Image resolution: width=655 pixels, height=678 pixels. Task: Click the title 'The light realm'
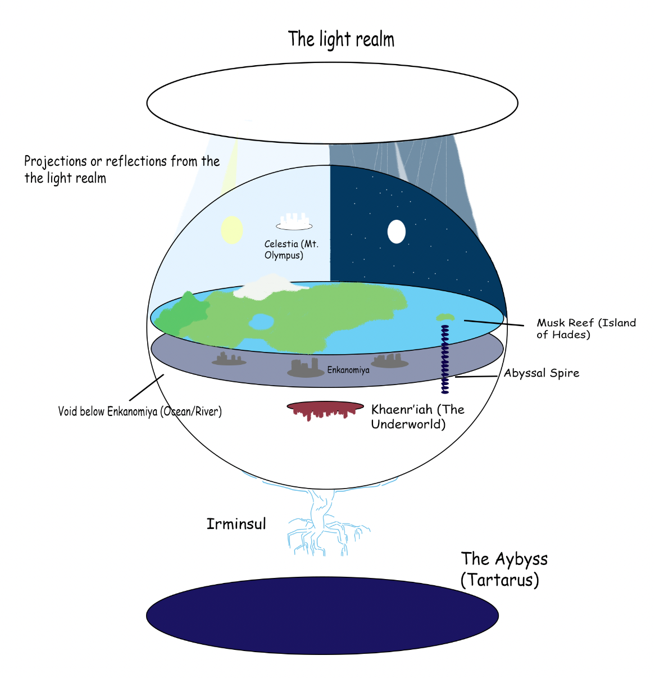point(341,39)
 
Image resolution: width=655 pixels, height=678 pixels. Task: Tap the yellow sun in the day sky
point(231,230)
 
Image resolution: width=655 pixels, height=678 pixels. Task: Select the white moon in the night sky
point(397,231)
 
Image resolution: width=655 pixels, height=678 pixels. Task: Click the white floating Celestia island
point(294,223)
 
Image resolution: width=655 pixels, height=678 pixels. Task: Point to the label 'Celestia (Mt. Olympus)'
point(291,250)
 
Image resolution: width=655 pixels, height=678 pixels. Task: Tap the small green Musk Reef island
point(445,318)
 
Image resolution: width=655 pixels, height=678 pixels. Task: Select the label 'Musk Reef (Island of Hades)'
point(586,328)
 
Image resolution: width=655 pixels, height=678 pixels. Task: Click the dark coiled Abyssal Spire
point(445,360)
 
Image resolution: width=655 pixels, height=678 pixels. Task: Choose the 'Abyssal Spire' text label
point(541,373)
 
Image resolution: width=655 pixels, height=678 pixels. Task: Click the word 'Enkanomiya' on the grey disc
point(348,370)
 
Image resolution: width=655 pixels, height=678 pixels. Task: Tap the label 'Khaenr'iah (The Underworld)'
point(417,417)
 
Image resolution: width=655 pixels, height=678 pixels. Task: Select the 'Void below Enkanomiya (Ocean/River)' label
point(140,412)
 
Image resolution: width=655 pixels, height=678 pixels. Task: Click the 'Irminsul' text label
point(236,524)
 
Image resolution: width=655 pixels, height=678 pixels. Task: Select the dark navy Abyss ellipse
point(322,616)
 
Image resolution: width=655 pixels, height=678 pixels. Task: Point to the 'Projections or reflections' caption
point(121,169)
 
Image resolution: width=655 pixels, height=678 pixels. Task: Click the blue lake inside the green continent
point(261,322)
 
